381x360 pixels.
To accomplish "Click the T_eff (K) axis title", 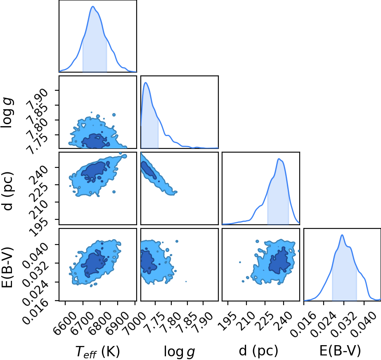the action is [x=97, y=351].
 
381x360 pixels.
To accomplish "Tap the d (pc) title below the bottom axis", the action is [x=258, y=351].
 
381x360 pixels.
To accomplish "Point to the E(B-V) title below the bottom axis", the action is [x=340, y=351].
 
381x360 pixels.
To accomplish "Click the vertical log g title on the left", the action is [x=7, y=113].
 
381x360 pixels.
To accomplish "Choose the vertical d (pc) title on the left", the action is [x=7, y=191].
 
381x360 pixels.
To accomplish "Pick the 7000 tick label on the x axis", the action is [x=131, y=321].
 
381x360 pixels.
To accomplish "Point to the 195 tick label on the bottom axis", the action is [x=225, y=318].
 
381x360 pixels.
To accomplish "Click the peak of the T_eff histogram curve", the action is [x=93, y=6].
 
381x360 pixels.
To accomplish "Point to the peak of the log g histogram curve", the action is [x=146, y=82].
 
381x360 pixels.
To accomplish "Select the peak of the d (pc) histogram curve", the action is [x=279, y=159].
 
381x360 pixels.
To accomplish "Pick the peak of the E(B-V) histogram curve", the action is [x=342, y=235].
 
